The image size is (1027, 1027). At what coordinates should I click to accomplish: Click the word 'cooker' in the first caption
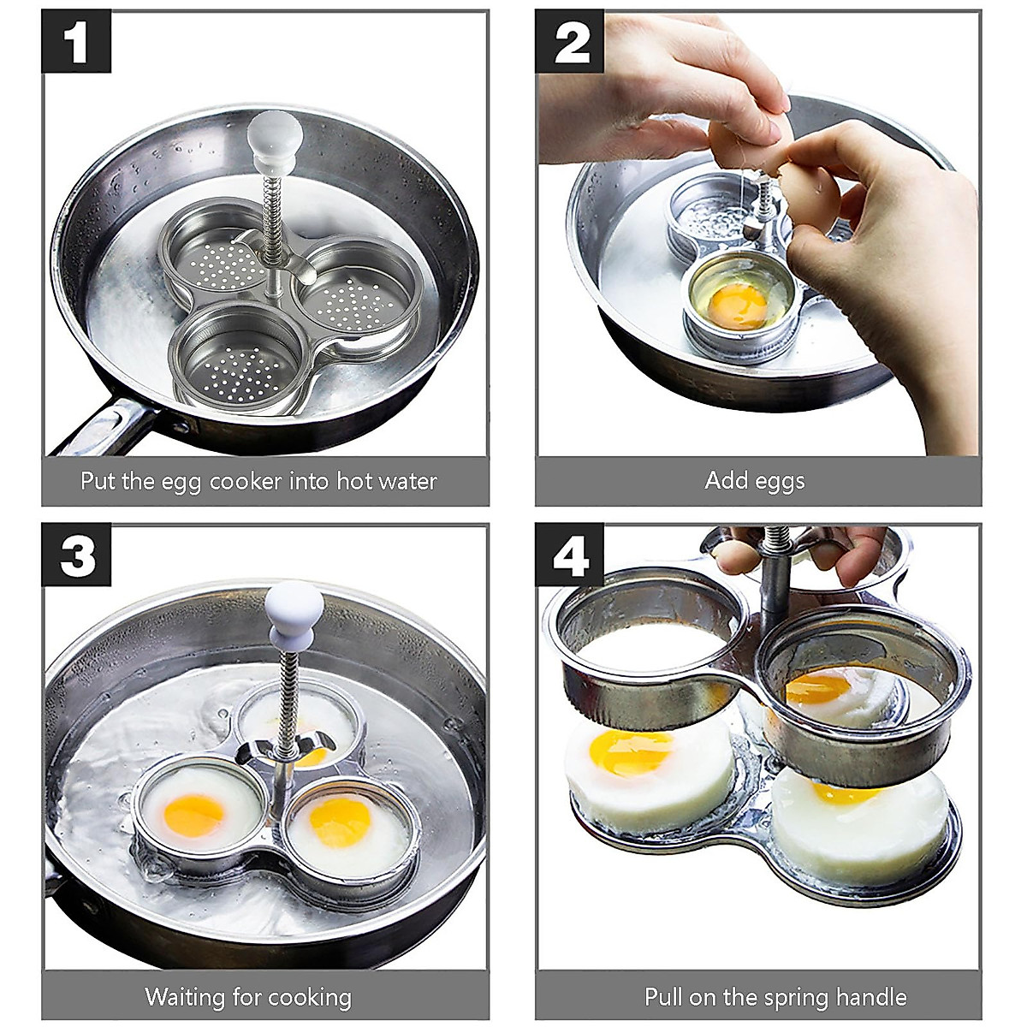pyautogui.click(x=249, y=481)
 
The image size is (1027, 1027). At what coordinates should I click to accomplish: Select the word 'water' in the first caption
pyautogui.click(x=407, y=481)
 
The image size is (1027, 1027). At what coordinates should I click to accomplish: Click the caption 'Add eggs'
pyautogui.click(x=755, y=481)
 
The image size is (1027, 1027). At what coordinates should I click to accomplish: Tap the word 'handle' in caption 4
pyautogui.click(x=868, y=997)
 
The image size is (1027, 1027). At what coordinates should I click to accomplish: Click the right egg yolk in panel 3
pyautogui.click(x=341, y=821)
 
